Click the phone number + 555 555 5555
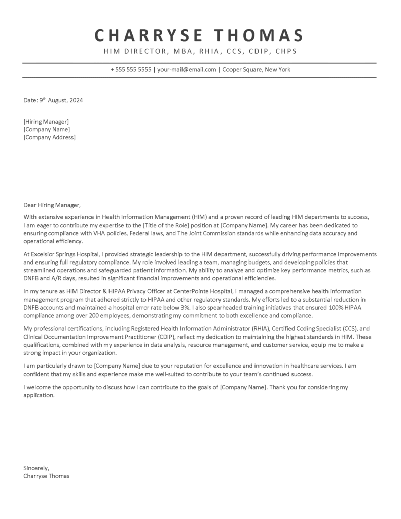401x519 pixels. tap(131, 70)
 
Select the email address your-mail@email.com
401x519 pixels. tap(187, 70)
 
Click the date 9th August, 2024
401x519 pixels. tap(61, 100)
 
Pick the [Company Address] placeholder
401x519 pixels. tap(49, 137)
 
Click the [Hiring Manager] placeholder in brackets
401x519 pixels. tap(46, 122)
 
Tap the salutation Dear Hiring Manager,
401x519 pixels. tap(52, 205)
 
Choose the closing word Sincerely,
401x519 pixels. tap(37, 468)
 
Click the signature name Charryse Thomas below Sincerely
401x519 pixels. tap(47, 476)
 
